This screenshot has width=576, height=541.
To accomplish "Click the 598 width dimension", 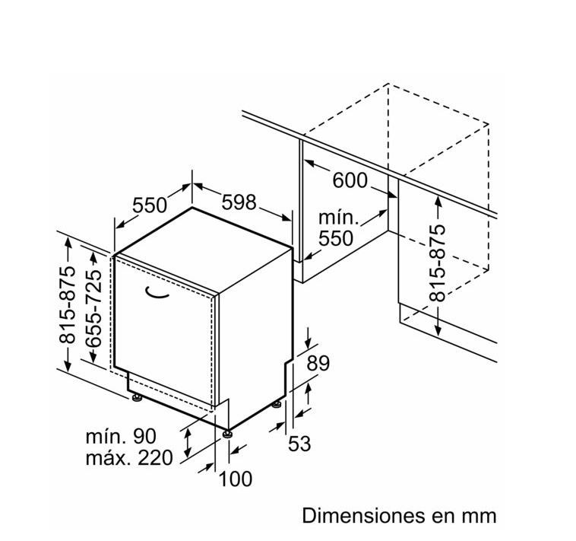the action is [239, 202].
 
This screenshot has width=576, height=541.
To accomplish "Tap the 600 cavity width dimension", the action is [350, 180].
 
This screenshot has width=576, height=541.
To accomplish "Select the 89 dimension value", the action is [318, 363].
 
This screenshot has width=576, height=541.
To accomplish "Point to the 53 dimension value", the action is [299, 443].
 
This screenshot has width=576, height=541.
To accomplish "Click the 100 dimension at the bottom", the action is [236, 479].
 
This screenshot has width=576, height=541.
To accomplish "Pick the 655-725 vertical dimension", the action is [93, 309].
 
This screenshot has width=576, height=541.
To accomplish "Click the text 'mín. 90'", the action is [121, 437].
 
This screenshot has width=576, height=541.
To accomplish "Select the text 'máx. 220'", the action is [129, 458].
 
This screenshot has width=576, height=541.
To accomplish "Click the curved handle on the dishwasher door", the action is [157, 292].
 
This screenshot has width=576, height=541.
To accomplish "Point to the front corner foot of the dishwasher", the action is [227, 434].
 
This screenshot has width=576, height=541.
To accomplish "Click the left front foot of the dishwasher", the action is [137, 397].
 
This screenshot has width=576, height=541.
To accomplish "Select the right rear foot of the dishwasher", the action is [277, 404].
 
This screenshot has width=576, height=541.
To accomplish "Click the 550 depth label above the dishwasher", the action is [150, 205].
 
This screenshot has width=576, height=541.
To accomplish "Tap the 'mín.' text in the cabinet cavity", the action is [338, 218].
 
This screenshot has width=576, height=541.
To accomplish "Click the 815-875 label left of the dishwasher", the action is [67, 304].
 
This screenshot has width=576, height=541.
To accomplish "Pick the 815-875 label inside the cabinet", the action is [438, 263].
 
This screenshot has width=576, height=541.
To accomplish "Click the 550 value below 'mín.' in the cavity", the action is [336, 238].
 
